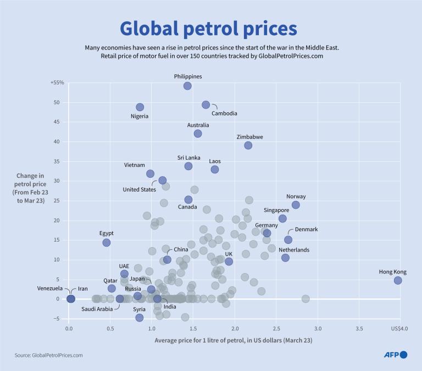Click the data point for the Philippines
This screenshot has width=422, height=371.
tap(187, 86)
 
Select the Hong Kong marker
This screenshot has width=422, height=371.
tap(398, 280)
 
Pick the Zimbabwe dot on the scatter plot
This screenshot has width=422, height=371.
tap(248, 145)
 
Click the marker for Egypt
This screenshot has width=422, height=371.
tap(107, 242)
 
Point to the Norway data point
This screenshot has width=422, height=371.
tap(296, 205)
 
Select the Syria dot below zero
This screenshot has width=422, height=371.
tap(140, 318)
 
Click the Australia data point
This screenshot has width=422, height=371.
tap(198, 134)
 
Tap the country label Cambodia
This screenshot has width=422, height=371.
tap(224, 113)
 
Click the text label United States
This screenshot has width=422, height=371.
tap(139, 189)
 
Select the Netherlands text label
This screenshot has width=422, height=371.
tap(294, 249)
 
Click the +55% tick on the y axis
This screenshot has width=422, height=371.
tap(57, 83)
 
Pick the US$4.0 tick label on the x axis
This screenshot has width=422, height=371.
tap(398, 329)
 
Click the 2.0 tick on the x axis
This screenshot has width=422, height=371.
tap(235, 329)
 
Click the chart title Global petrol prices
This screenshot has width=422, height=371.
tap(208, 28)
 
